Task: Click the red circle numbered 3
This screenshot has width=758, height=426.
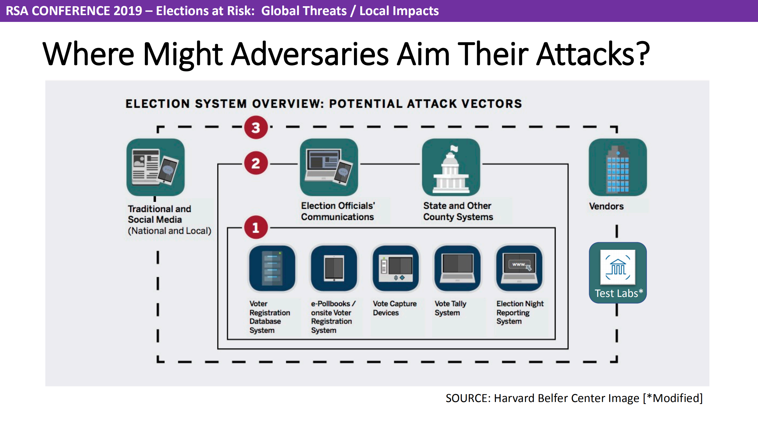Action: pyautogui.click(x=256, y=128)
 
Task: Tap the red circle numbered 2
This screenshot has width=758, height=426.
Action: pyautogui.click(x=256, y=163)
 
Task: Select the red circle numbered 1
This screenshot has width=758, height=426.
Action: pyautogui.click(x=256, y=228)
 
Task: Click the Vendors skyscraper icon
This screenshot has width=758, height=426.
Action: pyautogui.click(x=618, y=167)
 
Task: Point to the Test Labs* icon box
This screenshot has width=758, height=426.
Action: pyautogui.click(x=618, y=273)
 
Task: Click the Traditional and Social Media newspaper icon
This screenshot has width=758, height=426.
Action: pyautogui.click(x=156, y=167)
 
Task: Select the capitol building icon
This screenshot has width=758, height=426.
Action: pyautogui.click(x=451, y=167)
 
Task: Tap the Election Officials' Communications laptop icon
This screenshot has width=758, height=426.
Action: pyautogui.click(x=329, y=167)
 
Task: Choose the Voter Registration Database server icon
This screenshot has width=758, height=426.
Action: pyautogui.click(x=272, y=268)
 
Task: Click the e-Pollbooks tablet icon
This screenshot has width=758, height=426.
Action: pyautogui.click(x=334, y=268)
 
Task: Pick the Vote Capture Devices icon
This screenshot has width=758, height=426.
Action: pyautogui.click(x=396, y=268)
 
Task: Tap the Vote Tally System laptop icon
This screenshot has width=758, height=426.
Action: pyautogui.click(x=457, y=268)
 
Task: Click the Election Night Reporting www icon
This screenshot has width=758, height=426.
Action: pyautogui.click(x=519, y=268)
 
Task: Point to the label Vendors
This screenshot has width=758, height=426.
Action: pyautogui.click(x=606, y=206)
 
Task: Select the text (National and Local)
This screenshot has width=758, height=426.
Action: pyautogui.click(x=169, y=231)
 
